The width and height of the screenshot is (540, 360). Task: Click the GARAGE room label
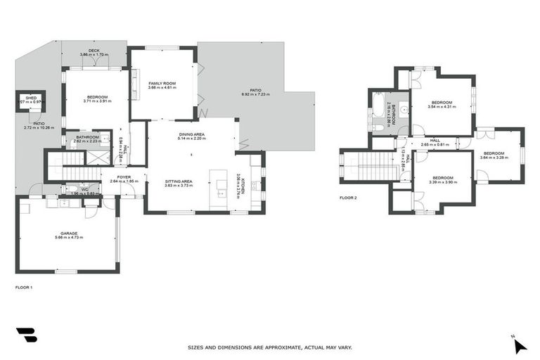click(69, 233)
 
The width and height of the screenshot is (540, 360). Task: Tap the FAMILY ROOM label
click(161, 83)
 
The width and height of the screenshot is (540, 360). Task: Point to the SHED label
click(31, 98)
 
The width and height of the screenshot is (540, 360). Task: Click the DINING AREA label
click(191, 134)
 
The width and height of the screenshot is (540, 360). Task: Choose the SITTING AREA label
click(179, 181)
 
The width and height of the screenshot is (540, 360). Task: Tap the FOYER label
click(124, 177)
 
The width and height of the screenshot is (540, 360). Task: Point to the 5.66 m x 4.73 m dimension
click(69, 238)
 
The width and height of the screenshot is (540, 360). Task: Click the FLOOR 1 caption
click(24, 287)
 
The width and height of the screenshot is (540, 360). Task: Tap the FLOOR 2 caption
click(348, 198)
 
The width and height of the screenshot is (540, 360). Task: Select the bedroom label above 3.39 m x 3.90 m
click(443, 176)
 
